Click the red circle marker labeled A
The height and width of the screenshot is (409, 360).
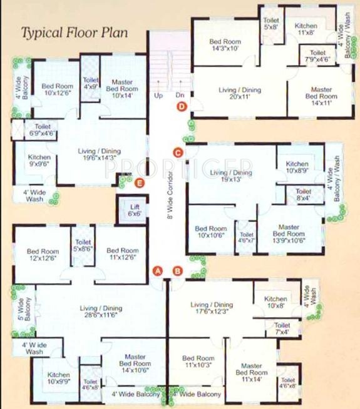pyautogui.click(x=158, y=271)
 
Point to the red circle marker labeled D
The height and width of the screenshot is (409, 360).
pyautogui.click(x=182, y=107)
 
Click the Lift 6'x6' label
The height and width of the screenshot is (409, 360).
pyautogui.click(x=133, y=210)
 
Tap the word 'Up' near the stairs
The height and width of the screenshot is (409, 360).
pyautogui.click(x=158, y=96)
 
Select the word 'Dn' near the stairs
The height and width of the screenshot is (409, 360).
pyautogui.click(x=180, y=96)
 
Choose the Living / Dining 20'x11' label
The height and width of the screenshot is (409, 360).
pyautogui.click(x=240, y=94)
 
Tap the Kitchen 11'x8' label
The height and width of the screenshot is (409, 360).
pyautogui.click(x=306, y=29)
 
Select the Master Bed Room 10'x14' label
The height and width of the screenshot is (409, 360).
pyautogui.click(x=123, y=89)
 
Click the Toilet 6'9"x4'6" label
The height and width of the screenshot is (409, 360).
pyautogui.click(x=43, y=129)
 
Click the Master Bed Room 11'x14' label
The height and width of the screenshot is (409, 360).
pyautogui.click(x=251, y=373)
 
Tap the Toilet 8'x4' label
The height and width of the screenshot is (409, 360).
pyautogui.click(x=304, y=194)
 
